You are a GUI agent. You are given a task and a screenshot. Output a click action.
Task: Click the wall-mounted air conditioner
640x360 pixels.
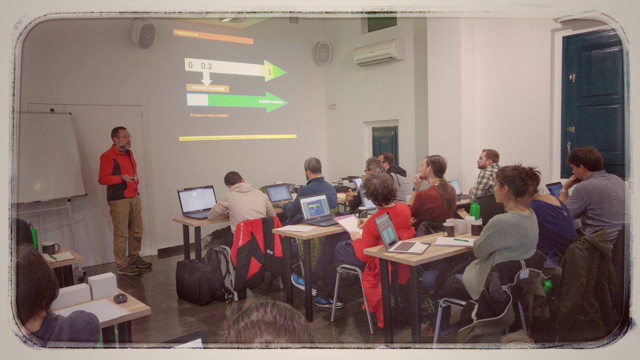[x=379, y=52]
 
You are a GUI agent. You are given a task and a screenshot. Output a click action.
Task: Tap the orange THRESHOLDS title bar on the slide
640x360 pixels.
[x=213, y=36]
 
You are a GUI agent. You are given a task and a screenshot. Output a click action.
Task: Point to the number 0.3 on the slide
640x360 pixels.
[x=206, y=66]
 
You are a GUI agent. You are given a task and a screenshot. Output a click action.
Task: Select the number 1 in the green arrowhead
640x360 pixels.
[x=270, y=71]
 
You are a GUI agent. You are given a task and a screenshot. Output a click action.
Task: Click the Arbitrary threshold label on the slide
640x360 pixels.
[x=207, y=88]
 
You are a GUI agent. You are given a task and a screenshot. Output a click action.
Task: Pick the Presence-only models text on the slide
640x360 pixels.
[x=209, y=115]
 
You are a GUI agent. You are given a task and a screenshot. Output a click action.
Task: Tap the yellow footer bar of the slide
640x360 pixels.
[x=237, y=138]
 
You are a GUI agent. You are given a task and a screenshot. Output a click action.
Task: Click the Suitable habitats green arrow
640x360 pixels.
[x=237, y=101]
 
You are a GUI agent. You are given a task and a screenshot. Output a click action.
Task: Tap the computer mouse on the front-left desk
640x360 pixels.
[x=120, y=298]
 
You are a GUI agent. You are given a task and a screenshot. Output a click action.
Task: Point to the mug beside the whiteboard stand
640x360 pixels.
[x=50, y=247]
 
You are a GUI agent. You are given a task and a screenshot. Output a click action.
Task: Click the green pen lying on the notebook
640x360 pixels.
[x=461, y=240]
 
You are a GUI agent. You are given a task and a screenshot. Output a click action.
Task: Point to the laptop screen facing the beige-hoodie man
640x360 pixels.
[x=197, y=200]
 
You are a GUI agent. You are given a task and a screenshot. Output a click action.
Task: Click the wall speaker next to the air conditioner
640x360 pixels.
[x=323, y=53]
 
